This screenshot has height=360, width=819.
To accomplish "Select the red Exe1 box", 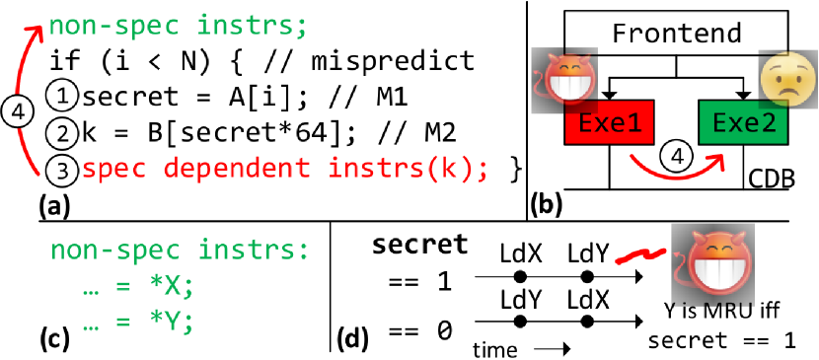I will [x=605, y=125].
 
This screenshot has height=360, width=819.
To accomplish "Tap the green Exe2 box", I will [x=737, y=125].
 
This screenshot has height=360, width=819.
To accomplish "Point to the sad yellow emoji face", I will [x=782, y=76].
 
